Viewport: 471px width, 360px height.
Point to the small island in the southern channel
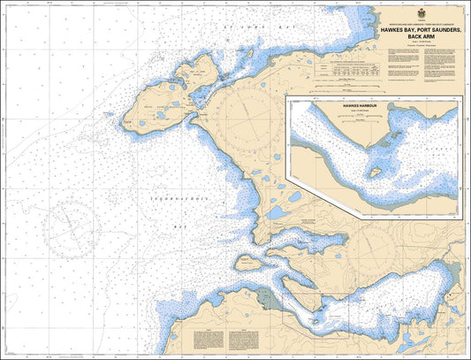pos(250,263)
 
